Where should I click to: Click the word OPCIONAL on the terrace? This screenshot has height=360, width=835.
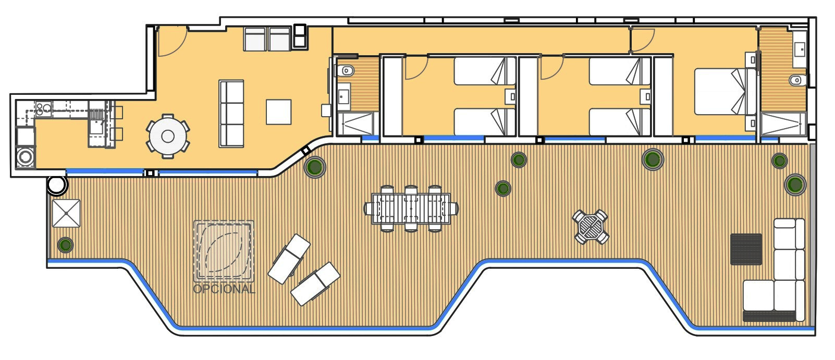coord(225,289)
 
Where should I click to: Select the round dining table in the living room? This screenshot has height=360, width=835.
coord(168,136)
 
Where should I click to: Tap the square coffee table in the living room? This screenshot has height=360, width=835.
coord(278,112)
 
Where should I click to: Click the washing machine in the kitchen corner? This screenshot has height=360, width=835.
coord(26,156)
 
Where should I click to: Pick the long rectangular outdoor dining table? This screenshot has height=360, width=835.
coord(411,208)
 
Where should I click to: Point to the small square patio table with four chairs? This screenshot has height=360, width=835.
coord(591,227)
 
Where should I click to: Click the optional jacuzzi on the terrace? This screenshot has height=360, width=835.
coord(224,251)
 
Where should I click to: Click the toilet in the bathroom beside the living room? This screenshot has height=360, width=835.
coord(346,70)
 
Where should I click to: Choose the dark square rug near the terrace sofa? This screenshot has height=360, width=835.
coord(746,249)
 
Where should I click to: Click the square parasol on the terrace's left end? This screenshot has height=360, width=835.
coord(66,213)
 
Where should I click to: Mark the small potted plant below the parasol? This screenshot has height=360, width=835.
coord(65,245)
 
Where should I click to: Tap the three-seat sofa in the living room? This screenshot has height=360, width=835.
coord(231,113)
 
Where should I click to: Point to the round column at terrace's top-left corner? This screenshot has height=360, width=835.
coord(57,185)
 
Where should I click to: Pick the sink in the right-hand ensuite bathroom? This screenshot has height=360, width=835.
coord(799,49)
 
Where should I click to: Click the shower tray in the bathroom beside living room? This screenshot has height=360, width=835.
coord(354,123)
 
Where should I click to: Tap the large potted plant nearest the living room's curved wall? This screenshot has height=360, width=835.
coord(315,166)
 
